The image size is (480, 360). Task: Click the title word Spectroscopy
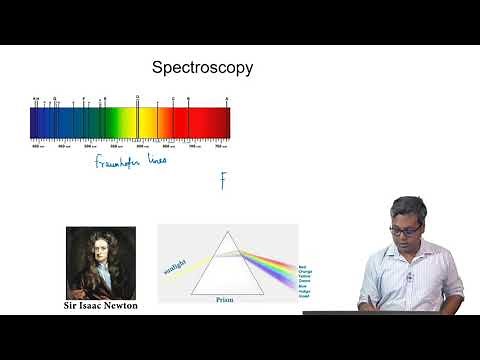(202, 68)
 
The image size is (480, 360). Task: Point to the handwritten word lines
(155, 160)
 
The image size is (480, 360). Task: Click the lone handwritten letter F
(224, 180)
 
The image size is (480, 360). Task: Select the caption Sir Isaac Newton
(100, 305)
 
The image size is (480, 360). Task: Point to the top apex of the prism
(228, 233)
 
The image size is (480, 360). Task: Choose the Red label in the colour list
(302, 266)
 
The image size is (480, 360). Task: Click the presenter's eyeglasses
(405, 229)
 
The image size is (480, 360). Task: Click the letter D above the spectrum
(137, 99)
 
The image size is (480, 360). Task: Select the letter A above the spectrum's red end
(227, 99)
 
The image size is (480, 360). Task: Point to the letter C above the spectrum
(173, 99)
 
